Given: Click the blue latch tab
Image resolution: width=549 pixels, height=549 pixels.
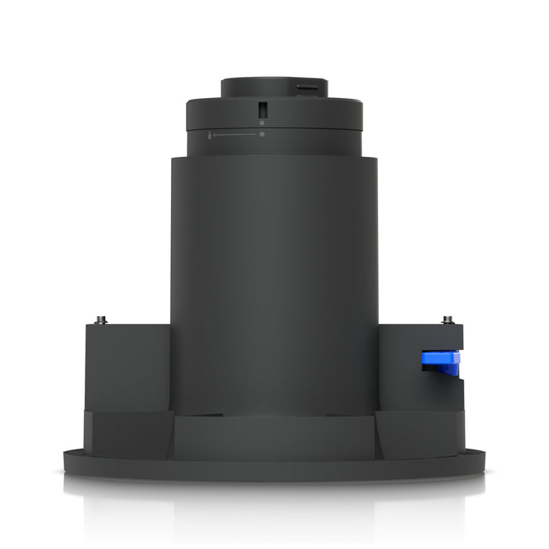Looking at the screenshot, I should [440, 362].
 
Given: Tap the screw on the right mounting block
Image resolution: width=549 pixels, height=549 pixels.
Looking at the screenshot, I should [448, 320].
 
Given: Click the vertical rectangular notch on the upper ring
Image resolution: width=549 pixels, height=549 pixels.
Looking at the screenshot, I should [262, 110].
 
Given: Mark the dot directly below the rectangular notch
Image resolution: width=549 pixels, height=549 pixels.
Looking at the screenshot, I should [262, 121].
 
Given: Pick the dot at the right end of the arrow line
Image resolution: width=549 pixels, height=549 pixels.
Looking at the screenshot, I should [262, 134].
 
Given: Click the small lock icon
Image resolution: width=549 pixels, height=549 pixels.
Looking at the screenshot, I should [209, 136].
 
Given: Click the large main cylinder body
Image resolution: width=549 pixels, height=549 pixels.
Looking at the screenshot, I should [274, 274].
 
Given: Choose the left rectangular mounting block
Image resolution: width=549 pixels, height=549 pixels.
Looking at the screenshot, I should [127, 365].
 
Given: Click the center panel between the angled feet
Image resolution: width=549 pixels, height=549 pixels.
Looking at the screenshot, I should [274, 435].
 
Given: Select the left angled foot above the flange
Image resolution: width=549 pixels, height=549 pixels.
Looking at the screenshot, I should [129, 431].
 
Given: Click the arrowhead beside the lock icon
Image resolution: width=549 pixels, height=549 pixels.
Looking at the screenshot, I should [215, 135].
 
